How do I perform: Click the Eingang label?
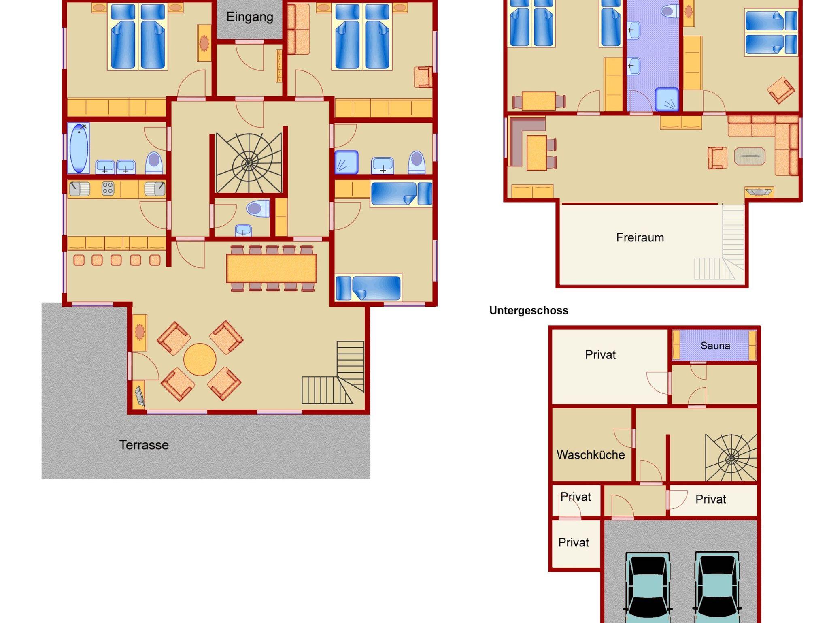point(250,17)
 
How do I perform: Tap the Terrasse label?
point(144,445)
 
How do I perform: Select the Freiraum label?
point(640,237)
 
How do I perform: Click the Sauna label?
point(715,346)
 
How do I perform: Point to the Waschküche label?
point(591,454)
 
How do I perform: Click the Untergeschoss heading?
point(529,310)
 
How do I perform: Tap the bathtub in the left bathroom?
point(79,148)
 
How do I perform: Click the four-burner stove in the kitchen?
point(108,189)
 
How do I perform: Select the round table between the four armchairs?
point(200,359)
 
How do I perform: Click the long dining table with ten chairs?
point(272,268)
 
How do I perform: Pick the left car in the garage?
point(647,587)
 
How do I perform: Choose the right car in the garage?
point(717,587)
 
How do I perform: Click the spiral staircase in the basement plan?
point(731,458)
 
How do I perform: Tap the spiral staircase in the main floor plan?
point(249,163)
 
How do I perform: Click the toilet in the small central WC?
point(258,209)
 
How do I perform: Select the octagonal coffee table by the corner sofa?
point(750,156)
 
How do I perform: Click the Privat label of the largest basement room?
point(600,355)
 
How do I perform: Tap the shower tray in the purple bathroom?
point(667,99)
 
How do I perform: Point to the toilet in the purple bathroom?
point(670,11)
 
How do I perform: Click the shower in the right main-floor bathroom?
point(346,162)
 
